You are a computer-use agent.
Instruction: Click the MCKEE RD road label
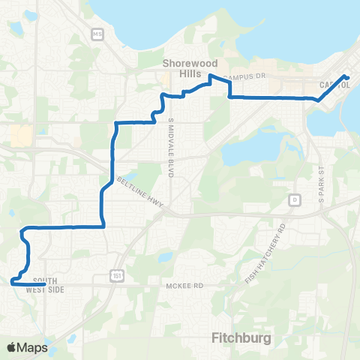point(184,286)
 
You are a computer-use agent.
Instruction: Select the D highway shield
point(295,200)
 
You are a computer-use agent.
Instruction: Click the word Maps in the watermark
point(33,347)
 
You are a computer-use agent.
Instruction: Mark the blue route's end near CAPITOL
point(346,77)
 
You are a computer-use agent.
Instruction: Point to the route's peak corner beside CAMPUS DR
point(211,76)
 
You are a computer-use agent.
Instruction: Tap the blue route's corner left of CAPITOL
point(318,99)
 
